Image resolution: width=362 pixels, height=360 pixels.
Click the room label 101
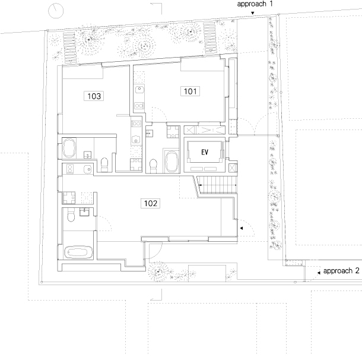[x=190, y=91]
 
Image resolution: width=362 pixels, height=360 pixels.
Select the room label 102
[x=151, y=203]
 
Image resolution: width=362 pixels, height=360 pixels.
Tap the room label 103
[x=94, y=96]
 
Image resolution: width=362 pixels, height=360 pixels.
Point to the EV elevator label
[x=205, y=152]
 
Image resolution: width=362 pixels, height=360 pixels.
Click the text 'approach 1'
[x=255, y=4]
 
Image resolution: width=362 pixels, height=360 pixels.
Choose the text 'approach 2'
[x=341, y=271]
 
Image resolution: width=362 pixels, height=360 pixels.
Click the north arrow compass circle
[x=56, y=11]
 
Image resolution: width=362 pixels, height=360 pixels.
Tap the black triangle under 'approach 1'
[x=253, y=13]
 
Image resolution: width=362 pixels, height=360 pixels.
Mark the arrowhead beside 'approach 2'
[x=319, y=273]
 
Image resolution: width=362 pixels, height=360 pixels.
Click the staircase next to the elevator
[x=217, y=185]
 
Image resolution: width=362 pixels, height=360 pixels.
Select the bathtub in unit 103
[x=69, y=148]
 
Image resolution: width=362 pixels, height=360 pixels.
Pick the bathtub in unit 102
[x=78, y=252]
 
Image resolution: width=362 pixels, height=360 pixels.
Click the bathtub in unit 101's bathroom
[x=172, y=162]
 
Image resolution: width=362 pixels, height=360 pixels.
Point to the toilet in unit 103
[x=104, y=165]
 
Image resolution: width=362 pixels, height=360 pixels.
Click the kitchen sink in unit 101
[x=139, y=90]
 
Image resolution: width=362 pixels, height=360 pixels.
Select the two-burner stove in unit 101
[x=139, y=106]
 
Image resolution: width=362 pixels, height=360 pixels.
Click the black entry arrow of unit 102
[x=242, y=228]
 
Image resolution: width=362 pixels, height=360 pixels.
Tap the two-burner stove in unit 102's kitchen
[x=70, y=169]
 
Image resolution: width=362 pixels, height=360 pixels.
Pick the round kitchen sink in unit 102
[x=88, y=169]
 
